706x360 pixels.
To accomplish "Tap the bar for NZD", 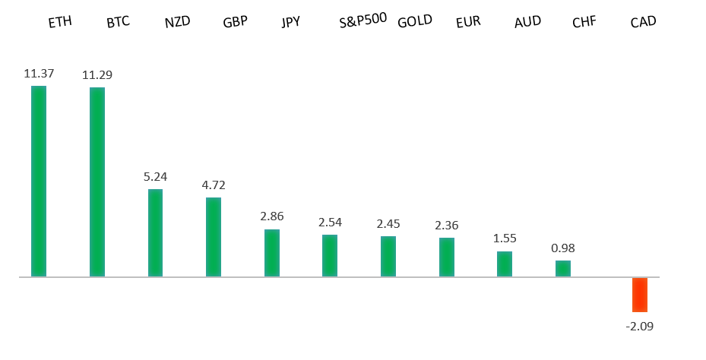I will [155, 232].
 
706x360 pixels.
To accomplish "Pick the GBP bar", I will [214, 237].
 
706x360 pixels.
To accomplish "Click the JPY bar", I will [271, 253].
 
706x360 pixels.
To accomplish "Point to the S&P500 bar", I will [330, 256].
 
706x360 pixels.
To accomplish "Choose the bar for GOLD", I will [388, 257].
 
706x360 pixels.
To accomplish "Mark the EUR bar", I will [446, 257].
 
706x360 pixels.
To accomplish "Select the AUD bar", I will [505, 264].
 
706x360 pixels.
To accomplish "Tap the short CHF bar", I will [563, 269].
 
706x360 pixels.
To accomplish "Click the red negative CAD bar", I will [640, 295].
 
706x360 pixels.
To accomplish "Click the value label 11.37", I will [39, 74].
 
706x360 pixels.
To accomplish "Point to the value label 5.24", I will [155, 176].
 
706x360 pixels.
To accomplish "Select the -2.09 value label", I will [640, 326].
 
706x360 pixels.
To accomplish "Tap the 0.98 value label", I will [563, 248].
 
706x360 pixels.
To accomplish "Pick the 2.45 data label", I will [388, 224].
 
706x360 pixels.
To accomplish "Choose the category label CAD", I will [643, 22].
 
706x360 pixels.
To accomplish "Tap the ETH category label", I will [60, 22].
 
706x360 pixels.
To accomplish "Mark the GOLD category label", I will [415, 21].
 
